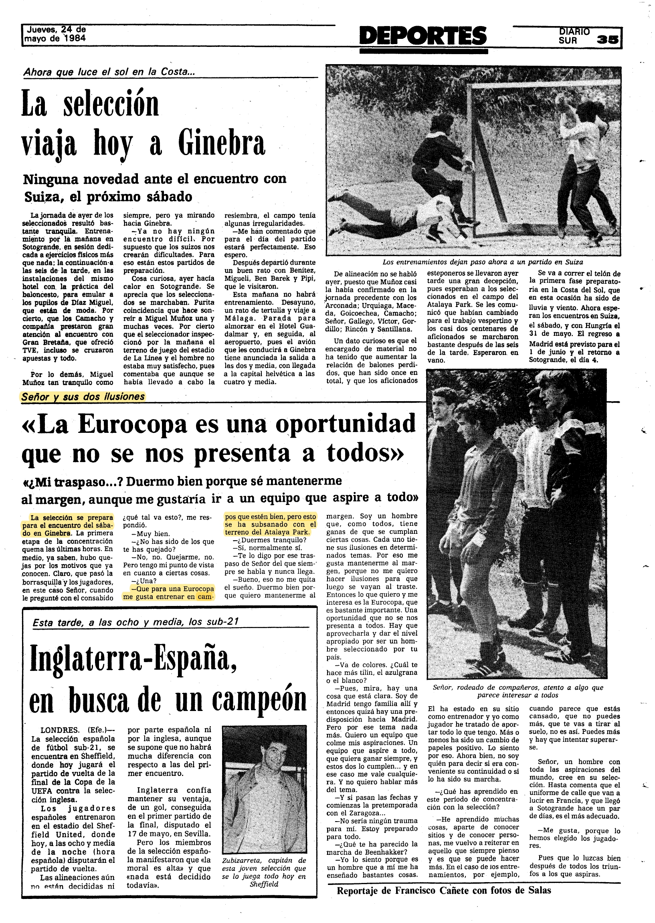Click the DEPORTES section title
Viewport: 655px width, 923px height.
423,36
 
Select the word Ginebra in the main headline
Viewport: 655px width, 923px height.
221,143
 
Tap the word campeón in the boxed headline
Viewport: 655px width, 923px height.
259,701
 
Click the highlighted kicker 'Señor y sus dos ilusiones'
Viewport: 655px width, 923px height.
83,397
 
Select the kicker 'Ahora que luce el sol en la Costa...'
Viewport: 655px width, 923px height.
109,72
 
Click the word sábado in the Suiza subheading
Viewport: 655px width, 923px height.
169,197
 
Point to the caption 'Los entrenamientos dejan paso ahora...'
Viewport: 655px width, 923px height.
482,262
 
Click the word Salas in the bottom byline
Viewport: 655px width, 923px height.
539,890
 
